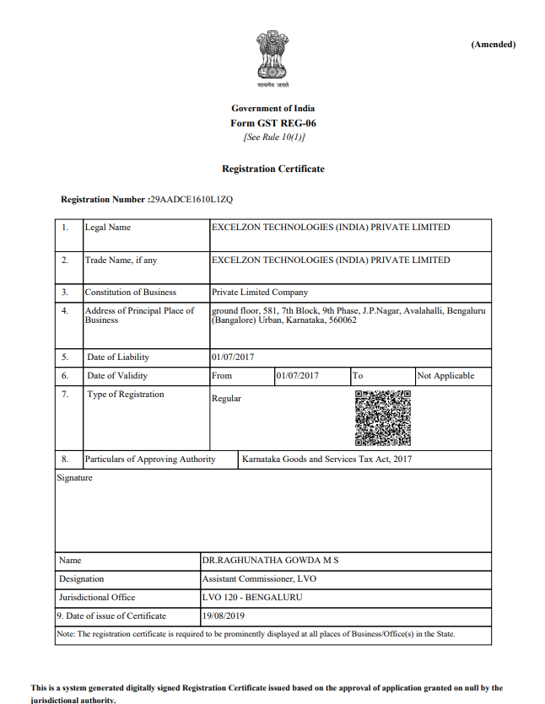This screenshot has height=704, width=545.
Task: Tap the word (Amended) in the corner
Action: pyautogui.click(x=493, y=44)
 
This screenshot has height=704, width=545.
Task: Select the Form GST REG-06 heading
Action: pyautogui.click(x=272, y=123)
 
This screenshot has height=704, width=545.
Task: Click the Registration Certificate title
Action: pyautogui.click(x=272, y=169)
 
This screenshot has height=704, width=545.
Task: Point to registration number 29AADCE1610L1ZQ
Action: pyautogui.click(x=191, y=200)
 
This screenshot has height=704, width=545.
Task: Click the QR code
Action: pyautogui.click(x=382, y=417)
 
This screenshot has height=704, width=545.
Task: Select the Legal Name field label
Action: pyautogui.click(x=108, y=228)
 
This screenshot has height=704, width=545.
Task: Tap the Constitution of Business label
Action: pyautogui.click(x=131, y=293)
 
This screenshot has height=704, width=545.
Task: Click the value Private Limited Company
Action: pyautogui.click(x=260, y=293)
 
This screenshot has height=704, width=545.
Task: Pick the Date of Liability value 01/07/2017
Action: pyautogui.click(x=233, y=357)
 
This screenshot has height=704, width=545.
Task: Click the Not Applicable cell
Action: pyautogui.click(x=445, y=376)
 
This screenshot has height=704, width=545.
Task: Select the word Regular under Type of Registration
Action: pyautogui.click(x=226, y=399)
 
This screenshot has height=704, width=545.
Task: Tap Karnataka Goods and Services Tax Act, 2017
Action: pyautogui.click(x=326, y=459)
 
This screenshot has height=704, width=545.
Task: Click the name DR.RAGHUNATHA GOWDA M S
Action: pyautogui.click(x=270, y=560)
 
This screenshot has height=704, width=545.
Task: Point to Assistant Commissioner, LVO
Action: pyautogui.click(x=260, y=579)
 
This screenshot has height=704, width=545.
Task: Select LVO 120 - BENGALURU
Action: pyautogui.click(x=252, y=598)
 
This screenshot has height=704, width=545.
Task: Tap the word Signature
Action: pyautogui.click(x=74, y=478)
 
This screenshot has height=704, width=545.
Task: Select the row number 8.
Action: pyautogui.click(x=65, y=459)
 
